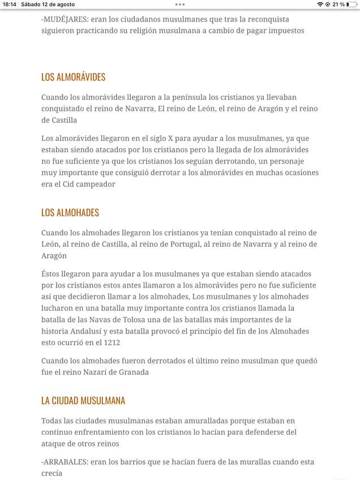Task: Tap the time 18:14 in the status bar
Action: click(x=10, y=5)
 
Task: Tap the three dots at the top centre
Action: click(x=180, y=5)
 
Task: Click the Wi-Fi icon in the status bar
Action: click(x=320, y=5)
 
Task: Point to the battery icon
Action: click(x=351, y=5)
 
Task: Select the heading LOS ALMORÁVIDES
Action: click(x=73, y=77)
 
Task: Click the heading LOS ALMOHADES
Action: click(x=70, y=213)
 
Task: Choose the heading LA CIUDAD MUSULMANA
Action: click(x=83, y=401)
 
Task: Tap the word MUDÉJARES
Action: click(x=64, y=19)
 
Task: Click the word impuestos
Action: click(x=285, y=31)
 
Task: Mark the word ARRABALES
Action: click(x=64, y=462)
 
